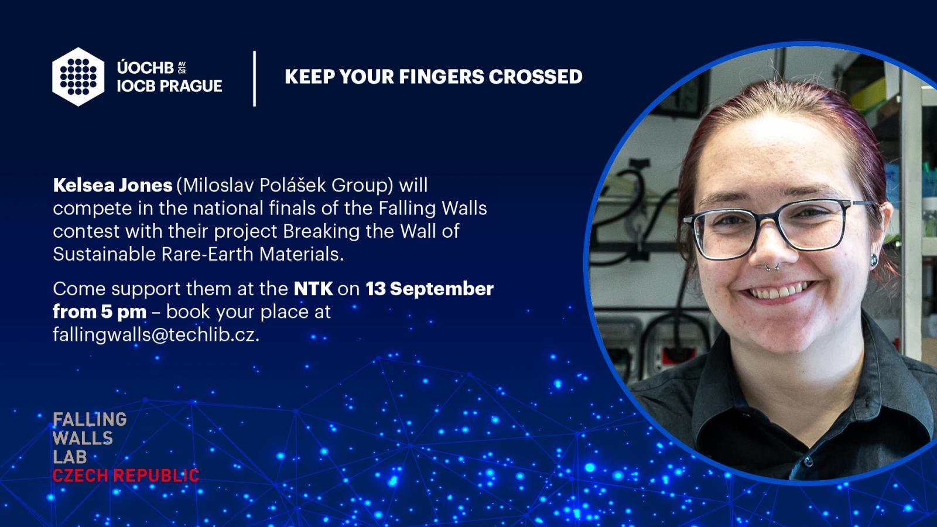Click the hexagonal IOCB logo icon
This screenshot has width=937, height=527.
[78, 77]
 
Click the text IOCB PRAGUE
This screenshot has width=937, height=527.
[169, 86]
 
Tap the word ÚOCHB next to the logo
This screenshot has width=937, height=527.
[146, 67]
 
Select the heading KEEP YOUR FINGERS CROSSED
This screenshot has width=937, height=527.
[433, 77]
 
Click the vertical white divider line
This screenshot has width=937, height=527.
[254, 78]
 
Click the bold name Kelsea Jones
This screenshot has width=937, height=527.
[112, 185]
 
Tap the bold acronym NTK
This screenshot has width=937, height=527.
[313, 289]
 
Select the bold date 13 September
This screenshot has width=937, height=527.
[430, 289]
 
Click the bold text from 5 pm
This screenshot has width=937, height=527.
[100, 312]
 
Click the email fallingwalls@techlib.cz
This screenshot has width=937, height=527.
[156, 335]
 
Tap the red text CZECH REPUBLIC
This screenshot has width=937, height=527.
[126, 476]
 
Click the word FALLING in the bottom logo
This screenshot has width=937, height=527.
[90, 419]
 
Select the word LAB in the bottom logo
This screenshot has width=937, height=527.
[70, 457]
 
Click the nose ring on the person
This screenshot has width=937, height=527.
[772, 267]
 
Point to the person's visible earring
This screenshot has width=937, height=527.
[874, 260]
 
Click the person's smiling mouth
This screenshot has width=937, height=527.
[779, 290]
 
